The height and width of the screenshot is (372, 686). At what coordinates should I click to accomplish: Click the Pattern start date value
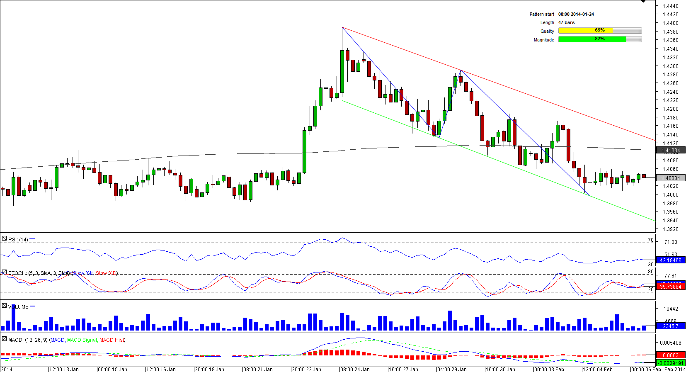click(576, 14)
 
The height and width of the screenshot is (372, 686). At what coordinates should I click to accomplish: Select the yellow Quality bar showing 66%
click(600, 31)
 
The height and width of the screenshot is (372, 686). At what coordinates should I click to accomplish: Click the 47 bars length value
click(566, 22)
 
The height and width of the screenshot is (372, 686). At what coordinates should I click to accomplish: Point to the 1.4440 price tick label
click(670, 6)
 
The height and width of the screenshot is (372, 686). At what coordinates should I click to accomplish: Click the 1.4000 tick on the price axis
click(670, 195)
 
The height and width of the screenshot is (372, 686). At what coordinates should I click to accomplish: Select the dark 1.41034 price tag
click(671, 151)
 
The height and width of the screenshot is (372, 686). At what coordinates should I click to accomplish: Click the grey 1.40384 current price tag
click(671, 178)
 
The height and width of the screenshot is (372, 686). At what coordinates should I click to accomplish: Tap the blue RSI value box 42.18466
click(671, 260)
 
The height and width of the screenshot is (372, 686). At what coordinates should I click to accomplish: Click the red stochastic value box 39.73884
click(671, 287)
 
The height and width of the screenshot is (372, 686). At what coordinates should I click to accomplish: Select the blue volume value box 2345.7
click(671, 326)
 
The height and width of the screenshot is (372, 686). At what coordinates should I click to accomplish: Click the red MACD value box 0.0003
click(671, 355)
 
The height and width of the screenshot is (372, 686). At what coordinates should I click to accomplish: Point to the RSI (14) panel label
click(18, 240)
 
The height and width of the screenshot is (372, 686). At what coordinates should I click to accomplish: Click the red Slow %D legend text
click(107, 273)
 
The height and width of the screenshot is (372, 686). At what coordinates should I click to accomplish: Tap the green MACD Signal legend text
click(82, 340)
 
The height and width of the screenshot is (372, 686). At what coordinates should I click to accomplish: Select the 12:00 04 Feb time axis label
click(597, 369)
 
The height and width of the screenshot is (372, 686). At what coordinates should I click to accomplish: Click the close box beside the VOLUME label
click(4, 306)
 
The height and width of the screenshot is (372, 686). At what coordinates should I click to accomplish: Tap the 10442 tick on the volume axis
click(671, 309)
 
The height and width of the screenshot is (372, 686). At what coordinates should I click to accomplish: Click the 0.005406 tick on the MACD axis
click(670, 343)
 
